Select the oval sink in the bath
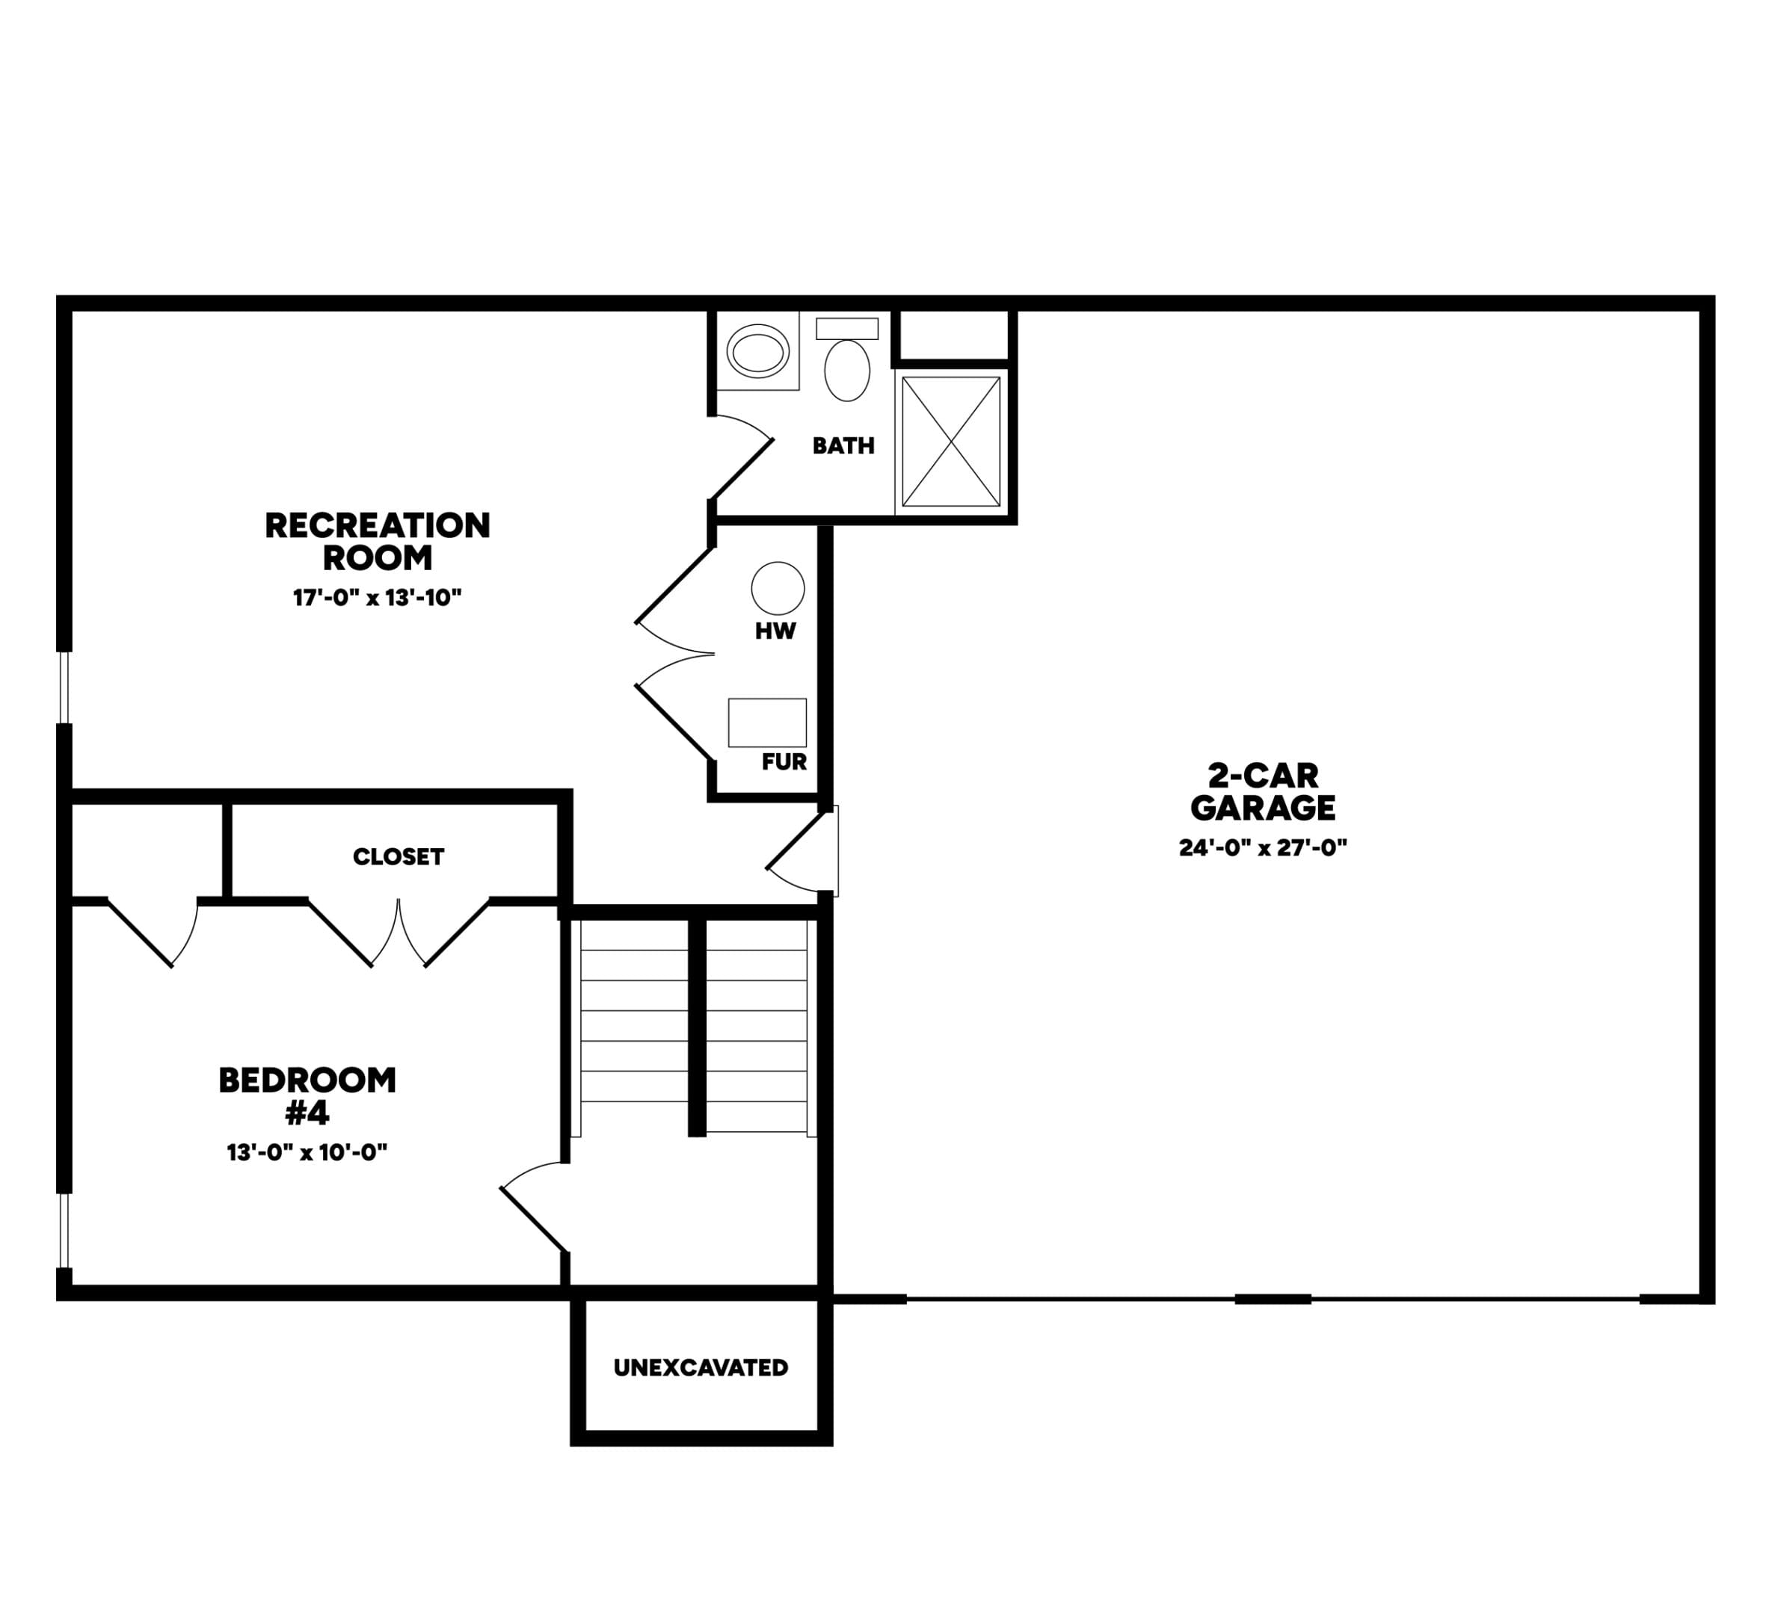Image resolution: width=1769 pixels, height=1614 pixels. coord(758,352)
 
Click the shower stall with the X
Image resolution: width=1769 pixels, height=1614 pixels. coord(951,441)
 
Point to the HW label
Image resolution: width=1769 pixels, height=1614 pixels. coord(775,631)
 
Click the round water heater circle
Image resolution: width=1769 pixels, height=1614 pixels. coord(778,588)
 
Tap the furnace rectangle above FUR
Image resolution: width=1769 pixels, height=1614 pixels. coord(767,723)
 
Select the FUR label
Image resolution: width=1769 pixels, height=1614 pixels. coord(784,762)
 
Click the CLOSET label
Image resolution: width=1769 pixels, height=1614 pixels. coord(399,857)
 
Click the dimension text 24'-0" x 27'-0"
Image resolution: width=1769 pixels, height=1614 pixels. coord(1263,847)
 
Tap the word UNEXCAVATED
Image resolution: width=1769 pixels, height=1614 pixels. coord(701,1367)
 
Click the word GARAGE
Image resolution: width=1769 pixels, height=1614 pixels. coord(1263,807)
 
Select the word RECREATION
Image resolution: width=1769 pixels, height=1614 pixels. coord(378,525)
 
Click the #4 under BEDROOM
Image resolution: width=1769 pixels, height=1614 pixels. coord(307,1113)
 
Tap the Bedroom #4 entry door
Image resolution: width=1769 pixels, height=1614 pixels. coord(534,1207)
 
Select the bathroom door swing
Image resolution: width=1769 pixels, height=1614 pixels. coord(742,457)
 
